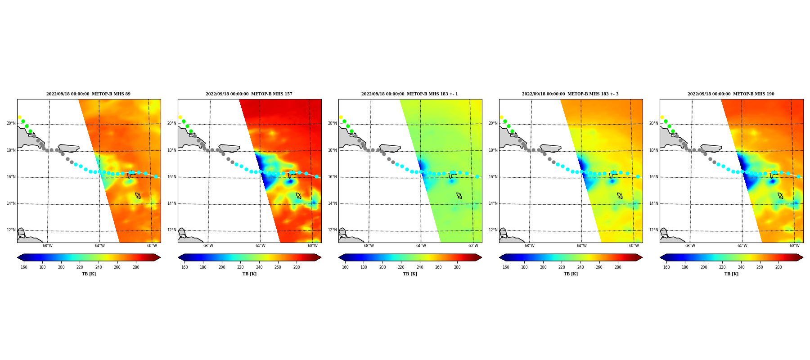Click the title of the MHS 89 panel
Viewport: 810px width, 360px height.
point(88,94)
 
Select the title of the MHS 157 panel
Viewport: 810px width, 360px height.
point(249,94)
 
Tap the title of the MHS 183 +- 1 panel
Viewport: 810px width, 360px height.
point(409,94)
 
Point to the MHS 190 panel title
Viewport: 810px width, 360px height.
point(731,94)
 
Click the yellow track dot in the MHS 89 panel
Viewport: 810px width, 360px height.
point(19,117)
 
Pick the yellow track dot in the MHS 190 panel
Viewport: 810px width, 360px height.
point(662,117)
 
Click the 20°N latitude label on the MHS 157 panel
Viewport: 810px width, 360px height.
point(171,123)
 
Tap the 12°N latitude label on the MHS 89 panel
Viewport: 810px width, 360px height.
point(11,230)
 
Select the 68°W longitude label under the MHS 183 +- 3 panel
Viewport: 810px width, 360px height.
point(529,246)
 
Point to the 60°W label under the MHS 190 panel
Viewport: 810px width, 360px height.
point(794,246)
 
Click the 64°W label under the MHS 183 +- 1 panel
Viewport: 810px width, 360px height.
point(421,246)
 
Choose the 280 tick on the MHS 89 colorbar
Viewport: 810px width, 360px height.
point(136,267)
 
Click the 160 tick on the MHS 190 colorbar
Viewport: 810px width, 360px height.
point(666,267)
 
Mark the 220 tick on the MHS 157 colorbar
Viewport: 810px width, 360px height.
point(240,267)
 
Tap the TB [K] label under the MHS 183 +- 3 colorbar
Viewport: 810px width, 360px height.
point(571,274)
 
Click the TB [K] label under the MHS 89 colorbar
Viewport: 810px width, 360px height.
point(89,274)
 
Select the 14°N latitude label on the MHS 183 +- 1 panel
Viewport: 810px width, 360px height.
point(332,203)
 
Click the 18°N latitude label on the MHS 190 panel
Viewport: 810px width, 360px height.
point(653,150)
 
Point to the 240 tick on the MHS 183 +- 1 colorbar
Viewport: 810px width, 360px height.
point(420,267)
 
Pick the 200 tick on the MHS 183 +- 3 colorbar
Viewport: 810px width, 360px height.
point(543,267)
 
